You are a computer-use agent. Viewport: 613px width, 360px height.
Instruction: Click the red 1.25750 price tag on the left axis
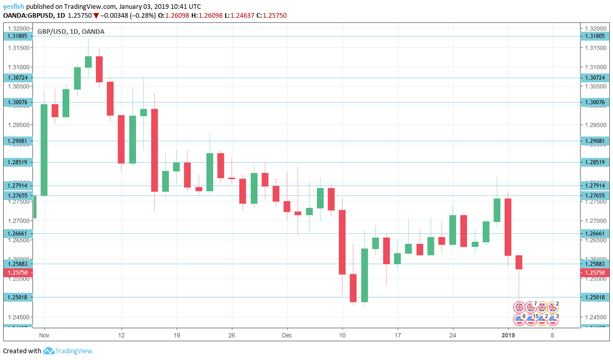18,272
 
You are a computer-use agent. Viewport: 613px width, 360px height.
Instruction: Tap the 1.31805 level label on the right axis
594,36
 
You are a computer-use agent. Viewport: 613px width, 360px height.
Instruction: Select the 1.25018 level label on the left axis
18,297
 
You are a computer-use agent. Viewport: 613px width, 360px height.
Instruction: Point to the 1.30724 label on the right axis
594,78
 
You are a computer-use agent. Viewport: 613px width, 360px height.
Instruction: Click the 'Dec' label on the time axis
287,336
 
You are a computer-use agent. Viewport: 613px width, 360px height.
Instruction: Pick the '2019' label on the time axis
508,336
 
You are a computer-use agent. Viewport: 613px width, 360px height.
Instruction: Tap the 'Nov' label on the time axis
44,336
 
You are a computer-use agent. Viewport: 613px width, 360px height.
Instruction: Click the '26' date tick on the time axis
232,336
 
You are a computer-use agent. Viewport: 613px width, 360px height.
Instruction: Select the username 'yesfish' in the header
14,6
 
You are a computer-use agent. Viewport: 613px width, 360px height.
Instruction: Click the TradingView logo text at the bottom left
73,351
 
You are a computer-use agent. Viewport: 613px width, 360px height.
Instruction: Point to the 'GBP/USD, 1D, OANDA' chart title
71,31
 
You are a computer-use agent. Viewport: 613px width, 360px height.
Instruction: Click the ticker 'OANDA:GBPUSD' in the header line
27,16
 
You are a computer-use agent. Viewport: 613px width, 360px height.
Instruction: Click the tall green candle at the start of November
44,150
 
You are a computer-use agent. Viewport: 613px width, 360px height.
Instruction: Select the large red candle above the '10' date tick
342,242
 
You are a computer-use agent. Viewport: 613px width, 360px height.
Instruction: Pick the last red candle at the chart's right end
519,262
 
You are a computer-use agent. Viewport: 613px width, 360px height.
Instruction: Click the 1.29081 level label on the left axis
18,141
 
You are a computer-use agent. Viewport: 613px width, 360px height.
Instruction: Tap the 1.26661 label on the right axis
594,233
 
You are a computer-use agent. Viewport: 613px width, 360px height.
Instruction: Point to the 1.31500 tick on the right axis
594,48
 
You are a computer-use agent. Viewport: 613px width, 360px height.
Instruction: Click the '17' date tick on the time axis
398,336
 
